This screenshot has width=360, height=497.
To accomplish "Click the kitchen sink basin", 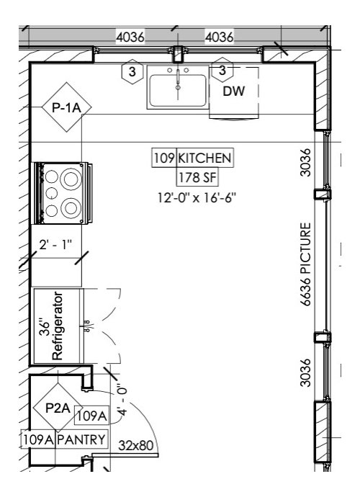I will (177, 91).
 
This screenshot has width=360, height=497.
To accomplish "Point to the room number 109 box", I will (163, 157).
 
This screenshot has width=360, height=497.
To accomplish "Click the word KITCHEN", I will (204, 157).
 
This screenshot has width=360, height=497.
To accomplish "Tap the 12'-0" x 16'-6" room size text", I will (197, 196).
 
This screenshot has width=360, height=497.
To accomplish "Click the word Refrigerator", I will (60, 326).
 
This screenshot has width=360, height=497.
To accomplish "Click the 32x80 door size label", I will (136, 445).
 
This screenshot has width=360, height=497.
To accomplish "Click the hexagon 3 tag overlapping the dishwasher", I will (223, 70).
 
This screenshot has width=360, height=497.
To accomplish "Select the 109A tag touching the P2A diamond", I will (91, 416).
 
